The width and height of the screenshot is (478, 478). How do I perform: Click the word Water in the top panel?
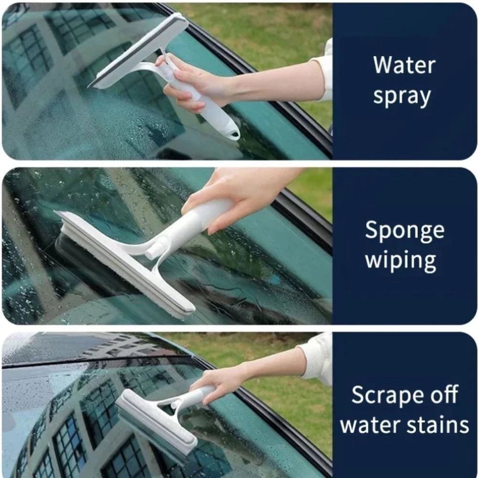pos(404,65)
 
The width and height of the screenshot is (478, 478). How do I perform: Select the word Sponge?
pos(404,231)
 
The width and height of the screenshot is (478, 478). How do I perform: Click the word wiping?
pos(401,261)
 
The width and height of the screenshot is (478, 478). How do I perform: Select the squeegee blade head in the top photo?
pos(139,50)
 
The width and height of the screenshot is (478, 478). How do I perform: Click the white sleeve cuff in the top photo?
pos(325,72)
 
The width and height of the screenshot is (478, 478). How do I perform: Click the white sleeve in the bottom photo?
pos(318,358)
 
